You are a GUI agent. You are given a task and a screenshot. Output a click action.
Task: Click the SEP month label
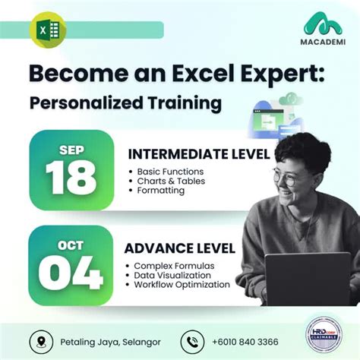coord(71,149)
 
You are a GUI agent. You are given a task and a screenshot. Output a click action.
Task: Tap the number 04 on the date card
coord(71,272)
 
